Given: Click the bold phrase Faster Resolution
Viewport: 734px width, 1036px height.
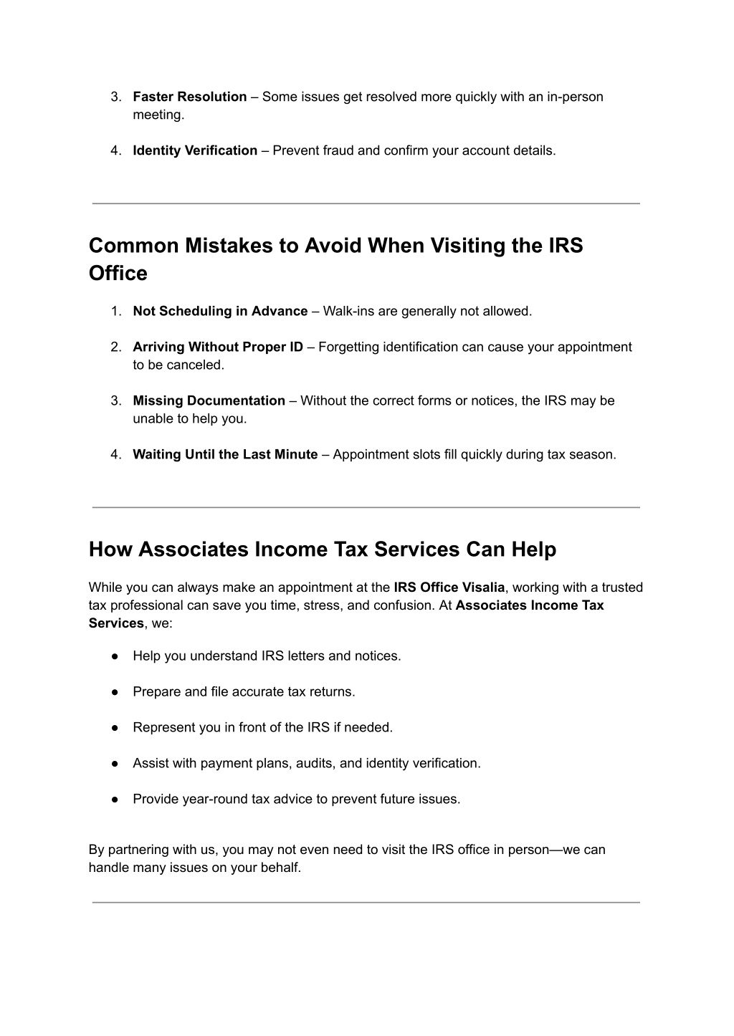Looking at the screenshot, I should point(190,97).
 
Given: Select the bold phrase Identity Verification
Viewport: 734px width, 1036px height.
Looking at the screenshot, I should point(195,150).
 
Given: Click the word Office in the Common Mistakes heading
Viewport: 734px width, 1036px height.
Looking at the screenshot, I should point(118,273).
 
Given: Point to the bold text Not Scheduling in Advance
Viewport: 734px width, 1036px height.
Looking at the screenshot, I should point(220,311).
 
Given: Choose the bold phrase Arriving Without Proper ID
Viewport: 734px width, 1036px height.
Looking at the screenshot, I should point(218,347).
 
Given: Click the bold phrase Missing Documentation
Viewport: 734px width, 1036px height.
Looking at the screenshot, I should point(209,401).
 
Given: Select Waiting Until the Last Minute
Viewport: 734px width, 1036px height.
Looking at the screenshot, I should point(225,454).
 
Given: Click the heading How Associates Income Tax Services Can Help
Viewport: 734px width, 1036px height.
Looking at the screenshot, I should point(323,550).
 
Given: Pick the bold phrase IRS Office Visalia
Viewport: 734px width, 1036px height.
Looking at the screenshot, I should point(449,587).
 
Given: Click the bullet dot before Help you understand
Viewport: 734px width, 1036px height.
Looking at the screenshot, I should point(115,656).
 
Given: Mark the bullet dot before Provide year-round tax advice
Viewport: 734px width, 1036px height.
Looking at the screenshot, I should point(115,800).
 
